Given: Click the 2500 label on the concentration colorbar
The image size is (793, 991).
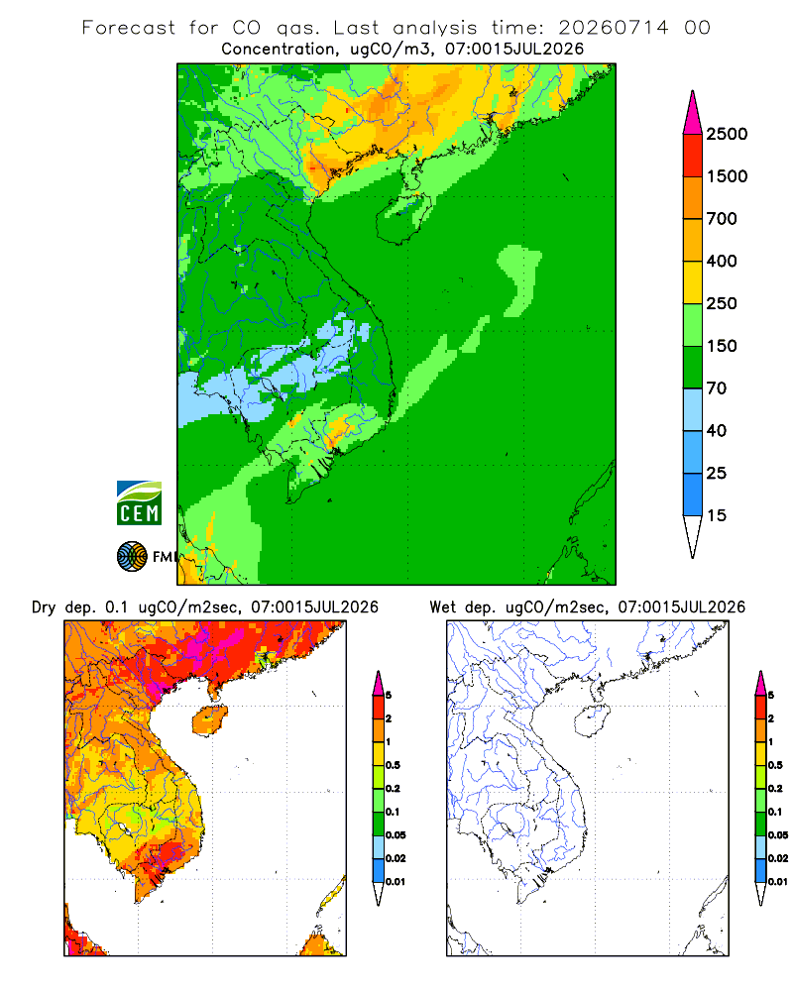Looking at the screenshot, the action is coord(727,134).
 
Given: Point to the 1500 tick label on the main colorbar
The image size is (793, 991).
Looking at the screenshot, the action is coord(727,176).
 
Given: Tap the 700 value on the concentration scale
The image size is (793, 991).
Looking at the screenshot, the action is coord(722,219).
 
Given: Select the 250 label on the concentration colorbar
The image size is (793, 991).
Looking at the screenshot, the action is coord(722,303).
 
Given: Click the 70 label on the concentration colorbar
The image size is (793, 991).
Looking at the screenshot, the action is coord(717,388).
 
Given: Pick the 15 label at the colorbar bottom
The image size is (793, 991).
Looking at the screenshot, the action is coord(717,515).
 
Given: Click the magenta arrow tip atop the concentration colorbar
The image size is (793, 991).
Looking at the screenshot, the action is coord(693,91).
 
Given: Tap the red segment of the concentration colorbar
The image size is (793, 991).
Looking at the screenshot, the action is coord(693,156).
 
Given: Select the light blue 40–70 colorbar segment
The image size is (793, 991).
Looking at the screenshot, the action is coord(693,409).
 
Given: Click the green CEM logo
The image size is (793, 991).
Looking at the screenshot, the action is coord(139,503).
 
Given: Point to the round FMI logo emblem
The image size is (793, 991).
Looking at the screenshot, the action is coord(132,557).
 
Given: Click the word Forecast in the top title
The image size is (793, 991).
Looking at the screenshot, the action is coord(129,28).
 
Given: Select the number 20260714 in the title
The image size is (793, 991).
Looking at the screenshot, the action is coord(613,28).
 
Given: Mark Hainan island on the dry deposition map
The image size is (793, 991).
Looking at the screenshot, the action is coord(210,720).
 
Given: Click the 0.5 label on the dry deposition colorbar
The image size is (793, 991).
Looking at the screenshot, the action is coord(393,765).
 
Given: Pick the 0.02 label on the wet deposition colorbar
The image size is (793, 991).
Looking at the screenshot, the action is coord(778,858).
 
